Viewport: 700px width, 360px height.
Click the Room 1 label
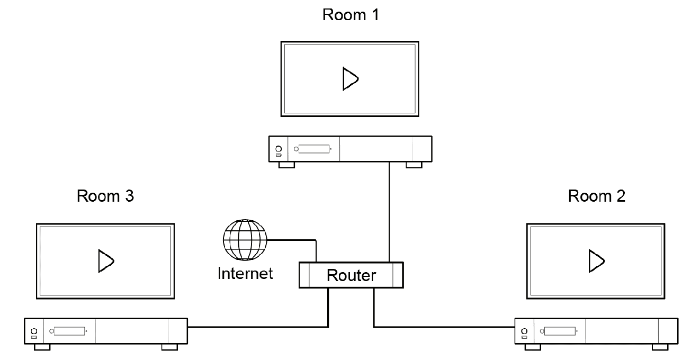click(351, 14)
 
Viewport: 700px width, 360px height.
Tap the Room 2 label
click(597, 196)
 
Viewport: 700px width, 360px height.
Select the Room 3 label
click(105, 196)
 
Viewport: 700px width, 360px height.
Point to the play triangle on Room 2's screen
click(595, 261)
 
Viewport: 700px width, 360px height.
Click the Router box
click(351, 275)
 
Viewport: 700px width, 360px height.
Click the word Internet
click(245, 273)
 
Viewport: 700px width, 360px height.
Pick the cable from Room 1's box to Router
click(389, 212)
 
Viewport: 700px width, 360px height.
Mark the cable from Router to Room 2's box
click(445, 326)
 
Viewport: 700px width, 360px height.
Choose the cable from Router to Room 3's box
click(259, 326)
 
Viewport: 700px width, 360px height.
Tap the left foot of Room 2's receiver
click(532, 347)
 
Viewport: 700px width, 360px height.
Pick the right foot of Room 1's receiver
click(414, 165)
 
